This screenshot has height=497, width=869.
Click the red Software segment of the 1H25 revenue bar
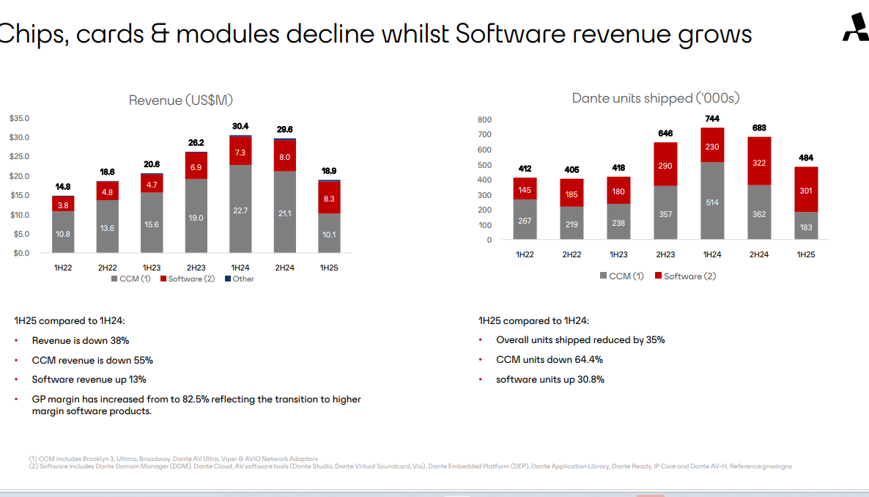[x=329, y=197]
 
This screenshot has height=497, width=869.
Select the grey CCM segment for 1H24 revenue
[x=240, y=210]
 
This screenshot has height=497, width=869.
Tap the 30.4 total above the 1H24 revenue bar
[x=240, y=126]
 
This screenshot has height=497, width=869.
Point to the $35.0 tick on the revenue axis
[x=19, y=118]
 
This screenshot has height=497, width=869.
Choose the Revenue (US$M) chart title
[x=180, y=100]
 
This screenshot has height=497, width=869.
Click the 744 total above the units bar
[x=712, y=118]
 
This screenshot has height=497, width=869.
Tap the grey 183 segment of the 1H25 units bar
[x=806, y=227]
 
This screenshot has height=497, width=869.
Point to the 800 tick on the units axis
[x=484, y=120]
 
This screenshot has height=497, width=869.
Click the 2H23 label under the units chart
[x=665, y=254]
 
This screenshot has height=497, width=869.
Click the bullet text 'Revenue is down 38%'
[x=81, y=340]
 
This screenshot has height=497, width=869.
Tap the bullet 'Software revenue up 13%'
[x=89, y=380]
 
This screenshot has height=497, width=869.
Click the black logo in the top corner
[x=854, y=29]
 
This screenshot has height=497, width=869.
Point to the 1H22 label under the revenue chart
[x=62, y=268]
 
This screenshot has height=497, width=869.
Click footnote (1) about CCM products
[x=173, y=459]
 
